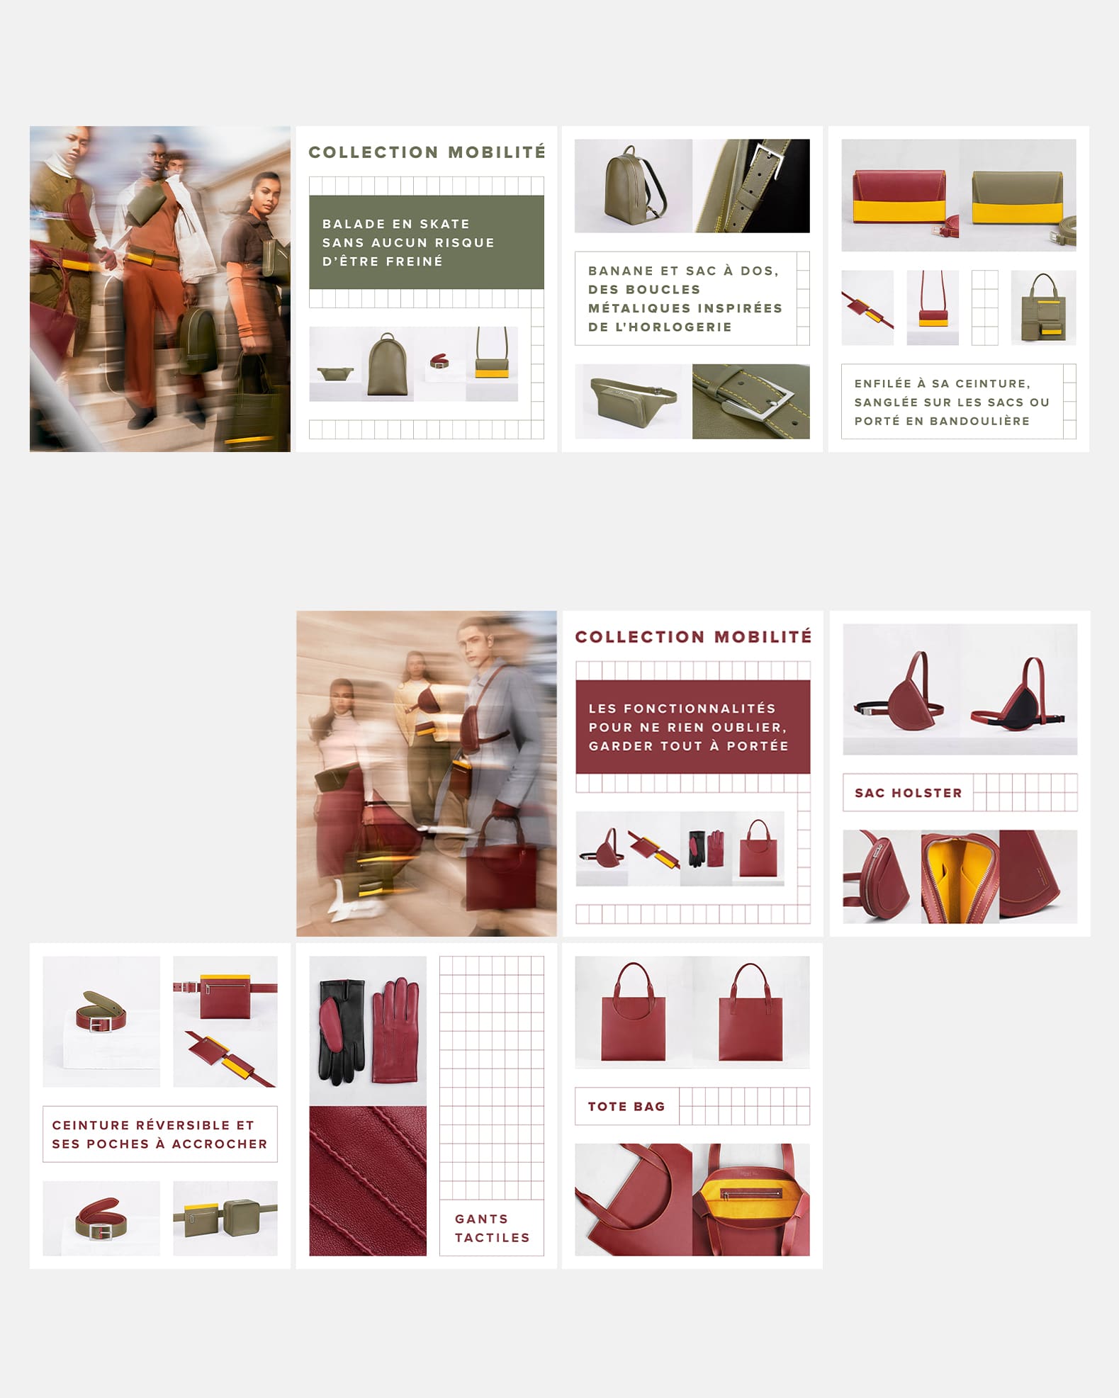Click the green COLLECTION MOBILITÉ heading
click(427, 152)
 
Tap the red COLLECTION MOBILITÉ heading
click(693, 637)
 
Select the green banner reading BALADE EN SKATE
click(427, 242)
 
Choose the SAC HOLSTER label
click(909, 793)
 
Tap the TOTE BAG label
click(626, 1106)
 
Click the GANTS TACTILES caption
click(492, 1228)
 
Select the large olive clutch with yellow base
click(1018, 196)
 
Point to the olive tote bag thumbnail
click(1042, 307)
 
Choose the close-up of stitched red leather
click(368, 1180)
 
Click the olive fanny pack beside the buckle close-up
click(633, 401)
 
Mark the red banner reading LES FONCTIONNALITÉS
click(693, 727)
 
